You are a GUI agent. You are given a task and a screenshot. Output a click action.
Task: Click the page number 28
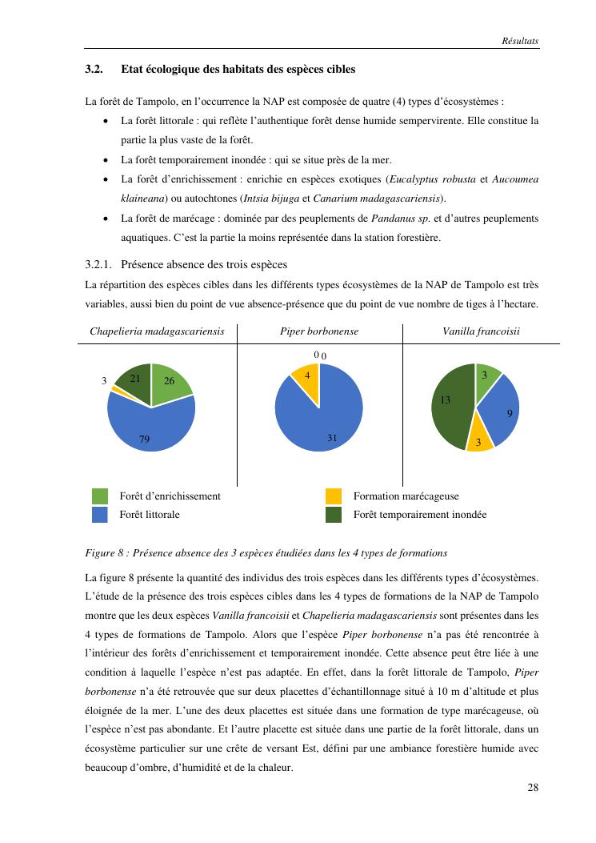(x=533, y=788)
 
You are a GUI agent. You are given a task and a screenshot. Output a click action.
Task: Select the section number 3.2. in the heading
(x=95, y=70)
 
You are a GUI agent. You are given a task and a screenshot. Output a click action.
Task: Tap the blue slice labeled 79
(x=148, y=428)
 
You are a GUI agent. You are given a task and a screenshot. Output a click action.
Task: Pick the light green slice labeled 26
(x=170, y=382)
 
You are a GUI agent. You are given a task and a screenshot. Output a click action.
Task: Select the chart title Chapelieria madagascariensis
(x=157, y=331)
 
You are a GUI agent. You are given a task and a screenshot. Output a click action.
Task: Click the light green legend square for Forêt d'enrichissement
(x=100, y=496)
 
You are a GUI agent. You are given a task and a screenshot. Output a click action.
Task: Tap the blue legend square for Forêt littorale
(x=100, y=515)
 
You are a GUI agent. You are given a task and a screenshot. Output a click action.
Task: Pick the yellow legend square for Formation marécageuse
(x=334, y=496)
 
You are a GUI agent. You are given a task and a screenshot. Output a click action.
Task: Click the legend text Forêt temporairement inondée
(x=419, y=515)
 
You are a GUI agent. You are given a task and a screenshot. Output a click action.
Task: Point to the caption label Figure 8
(x=105, y=553)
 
